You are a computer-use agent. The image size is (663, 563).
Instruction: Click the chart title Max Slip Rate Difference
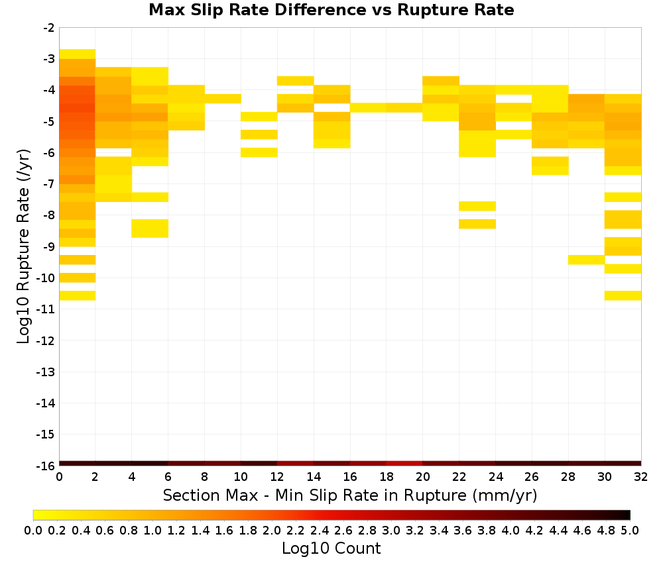(x=257, y=10)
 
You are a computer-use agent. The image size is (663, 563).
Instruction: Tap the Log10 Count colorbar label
(x=331, y=548)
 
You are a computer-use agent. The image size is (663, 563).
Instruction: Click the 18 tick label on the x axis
(x=387, y=477)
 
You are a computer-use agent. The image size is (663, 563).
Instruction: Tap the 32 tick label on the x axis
(x=641, y=477)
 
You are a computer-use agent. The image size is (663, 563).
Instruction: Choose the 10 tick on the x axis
(x=241, y=477)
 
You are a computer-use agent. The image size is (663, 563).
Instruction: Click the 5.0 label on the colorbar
(x=630, y=530)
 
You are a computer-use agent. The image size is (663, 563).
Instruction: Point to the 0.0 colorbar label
(x=33, y=530)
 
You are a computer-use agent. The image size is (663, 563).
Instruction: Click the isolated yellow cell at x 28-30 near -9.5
(x=587, y=260)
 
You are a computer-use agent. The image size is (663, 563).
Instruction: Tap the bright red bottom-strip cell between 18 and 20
(x=404, y=464)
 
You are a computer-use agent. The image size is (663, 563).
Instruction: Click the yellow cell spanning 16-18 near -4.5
(x=368, y=108)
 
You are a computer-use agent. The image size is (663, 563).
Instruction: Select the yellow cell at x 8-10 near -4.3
(x=223, y=99)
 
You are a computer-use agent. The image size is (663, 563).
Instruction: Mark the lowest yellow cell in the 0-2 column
(x=78, y=295)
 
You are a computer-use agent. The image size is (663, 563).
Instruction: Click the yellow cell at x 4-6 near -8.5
(x=150, y=229)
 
